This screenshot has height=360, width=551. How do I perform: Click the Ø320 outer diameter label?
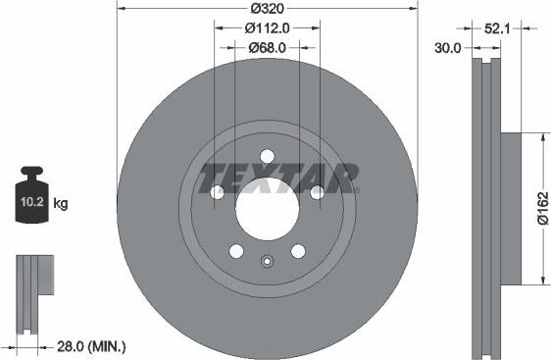tap(267, 8)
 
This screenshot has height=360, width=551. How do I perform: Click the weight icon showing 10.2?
tap(33, 202)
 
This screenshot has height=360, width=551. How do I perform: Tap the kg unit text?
tap(61, 204)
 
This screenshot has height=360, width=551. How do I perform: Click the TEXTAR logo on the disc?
tap(278, 179)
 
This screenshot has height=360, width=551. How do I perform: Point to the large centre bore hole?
tap(266, 208)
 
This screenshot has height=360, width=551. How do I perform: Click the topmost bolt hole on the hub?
tap(266, 156)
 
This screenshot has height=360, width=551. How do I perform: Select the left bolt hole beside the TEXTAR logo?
tap(217, 192)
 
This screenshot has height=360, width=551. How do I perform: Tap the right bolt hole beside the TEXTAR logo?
tap(316, 192)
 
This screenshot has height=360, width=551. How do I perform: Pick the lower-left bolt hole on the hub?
tap(235, 251)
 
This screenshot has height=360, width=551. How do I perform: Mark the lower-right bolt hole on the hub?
tap(297, 251)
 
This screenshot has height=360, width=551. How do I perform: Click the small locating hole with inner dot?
tap(266, 261)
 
